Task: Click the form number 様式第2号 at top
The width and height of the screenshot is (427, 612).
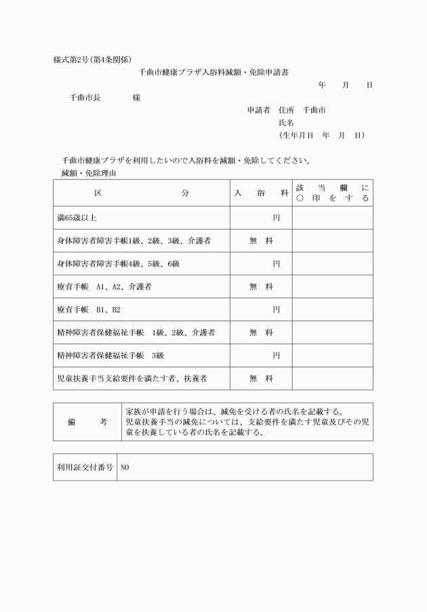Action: coord(72,60)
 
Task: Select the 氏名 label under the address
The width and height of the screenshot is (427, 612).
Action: coord(286,123)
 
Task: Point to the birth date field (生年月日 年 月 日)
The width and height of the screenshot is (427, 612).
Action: coord(322,136)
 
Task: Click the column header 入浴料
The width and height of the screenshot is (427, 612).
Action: coord(261,193)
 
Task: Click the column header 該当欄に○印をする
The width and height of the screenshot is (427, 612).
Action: coord(332,193)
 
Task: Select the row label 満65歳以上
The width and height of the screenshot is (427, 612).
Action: coord(77,218)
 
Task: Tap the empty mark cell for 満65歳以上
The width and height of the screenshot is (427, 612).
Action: coord(332,218)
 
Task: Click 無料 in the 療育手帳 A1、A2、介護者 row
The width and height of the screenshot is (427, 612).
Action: coord(261,287)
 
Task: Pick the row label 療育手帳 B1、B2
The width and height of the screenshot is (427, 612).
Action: coord(89,310)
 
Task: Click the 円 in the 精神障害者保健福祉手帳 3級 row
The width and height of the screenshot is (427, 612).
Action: coord(276,355)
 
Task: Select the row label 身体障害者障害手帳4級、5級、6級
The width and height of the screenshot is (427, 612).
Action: coord(118,264)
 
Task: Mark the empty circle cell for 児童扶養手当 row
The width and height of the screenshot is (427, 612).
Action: coord(332,378)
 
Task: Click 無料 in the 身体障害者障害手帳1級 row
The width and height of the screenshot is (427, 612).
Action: coord(261,241)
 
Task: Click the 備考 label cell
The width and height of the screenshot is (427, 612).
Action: coord(87,422)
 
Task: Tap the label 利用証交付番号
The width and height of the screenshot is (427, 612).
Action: coord(85,467)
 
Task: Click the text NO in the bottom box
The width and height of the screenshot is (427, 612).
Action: coord(125,468)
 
